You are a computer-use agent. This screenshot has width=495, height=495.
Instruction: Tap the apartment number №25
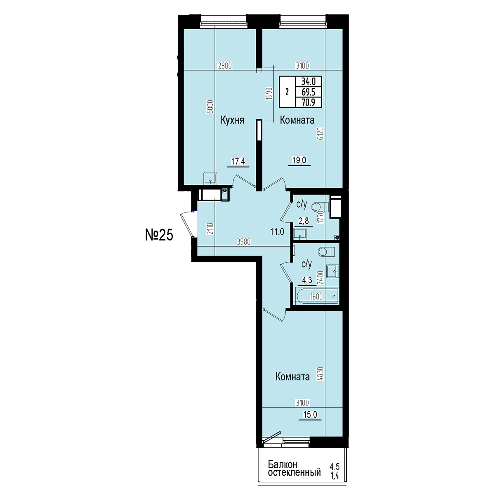coord(159,235)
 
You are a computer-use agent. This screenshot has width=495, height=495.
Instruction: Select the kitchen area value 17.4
coord(238,161)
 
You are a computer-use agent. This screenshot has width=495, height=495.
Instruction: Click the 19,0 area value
coord(299,160)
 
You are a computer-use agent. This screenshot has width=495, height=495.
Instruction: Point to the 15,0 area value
coord(310,415)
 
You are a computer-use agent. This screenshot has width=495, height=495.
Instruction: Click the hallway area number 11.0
coord(277,232)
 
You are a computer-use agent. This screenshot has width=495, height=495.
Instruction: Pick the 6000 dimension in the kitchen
coord(210,106)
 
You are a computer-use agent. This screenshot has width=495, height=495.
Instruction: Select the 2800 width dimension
coord(225,66)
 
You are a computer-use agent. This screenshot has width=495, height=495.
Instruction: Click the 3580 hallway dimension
coord(244,242)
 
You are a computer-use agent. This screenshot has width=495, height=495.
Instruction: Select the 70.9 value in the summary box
coord(308,103)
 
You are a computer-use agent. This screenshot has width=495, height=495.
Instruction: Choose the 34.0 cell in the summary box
coord(308,82)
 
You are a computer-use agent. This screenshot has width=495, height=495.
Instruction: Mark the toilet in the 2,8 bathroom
coord(320,207)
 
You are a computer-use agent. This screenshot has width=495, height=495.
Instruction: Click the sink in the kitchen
coord(210,178)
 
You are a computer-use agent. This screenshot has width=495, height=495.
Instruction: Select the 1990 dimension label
coord(269,94)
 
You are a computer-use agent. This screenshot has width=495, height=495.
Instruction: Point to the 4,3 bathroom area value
coord(307,280)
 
